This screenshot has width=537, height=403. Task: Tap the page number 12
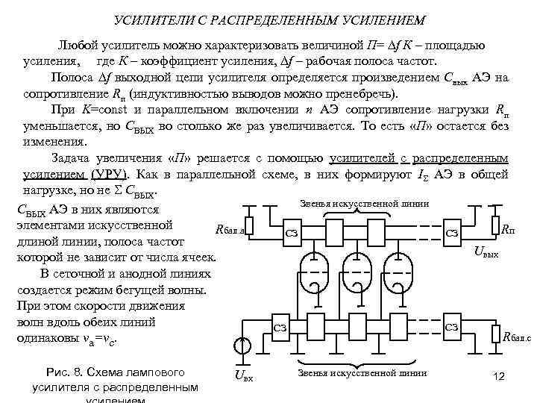pos(500,378)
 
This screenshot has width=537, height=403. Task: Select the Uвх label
pos(244,376)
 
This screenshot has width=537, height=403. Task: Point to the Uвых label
pos(489,254)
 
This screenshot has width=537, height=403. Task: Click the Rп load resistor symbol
pos(494,225)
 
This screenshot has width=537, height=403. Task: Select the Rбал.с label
pos(517,337)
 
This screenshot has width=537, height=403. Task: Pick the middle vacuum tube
pos(359,271)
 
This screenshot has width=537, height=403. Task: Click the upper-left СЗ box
pos(293,234)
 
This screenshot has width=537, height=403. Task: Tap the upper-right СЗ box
pos(451,233)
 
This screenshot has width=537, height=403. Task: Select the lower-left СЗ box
pos(280,327)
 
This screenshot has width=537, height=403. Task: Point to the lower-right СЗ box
pos(451,327)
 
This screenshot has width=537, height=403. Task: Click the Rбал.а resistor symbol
pos(250,225)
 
